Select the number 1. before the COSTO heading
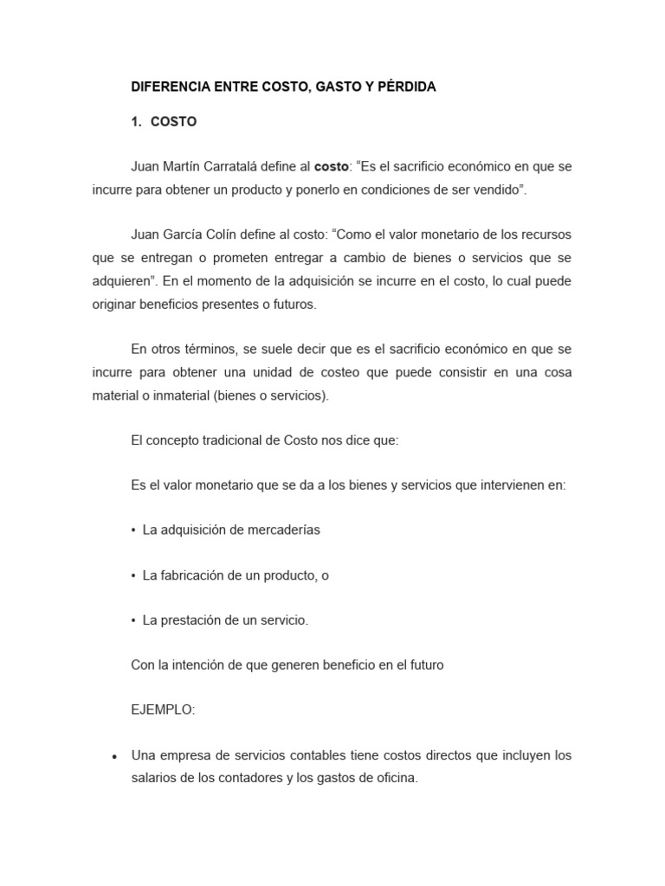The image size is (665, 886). coord(137,122)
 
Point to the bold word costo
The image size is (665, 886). coord(330,166)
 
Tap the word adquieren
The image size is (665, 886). coord(122,281)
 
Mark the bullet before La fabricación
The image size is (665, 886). coord(133,575)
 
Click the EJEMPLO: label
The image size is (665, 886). coord(164,709)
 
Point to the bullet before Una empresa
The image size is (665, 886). coord(114,756)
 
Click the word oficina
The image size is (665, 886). coord(392,778)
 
